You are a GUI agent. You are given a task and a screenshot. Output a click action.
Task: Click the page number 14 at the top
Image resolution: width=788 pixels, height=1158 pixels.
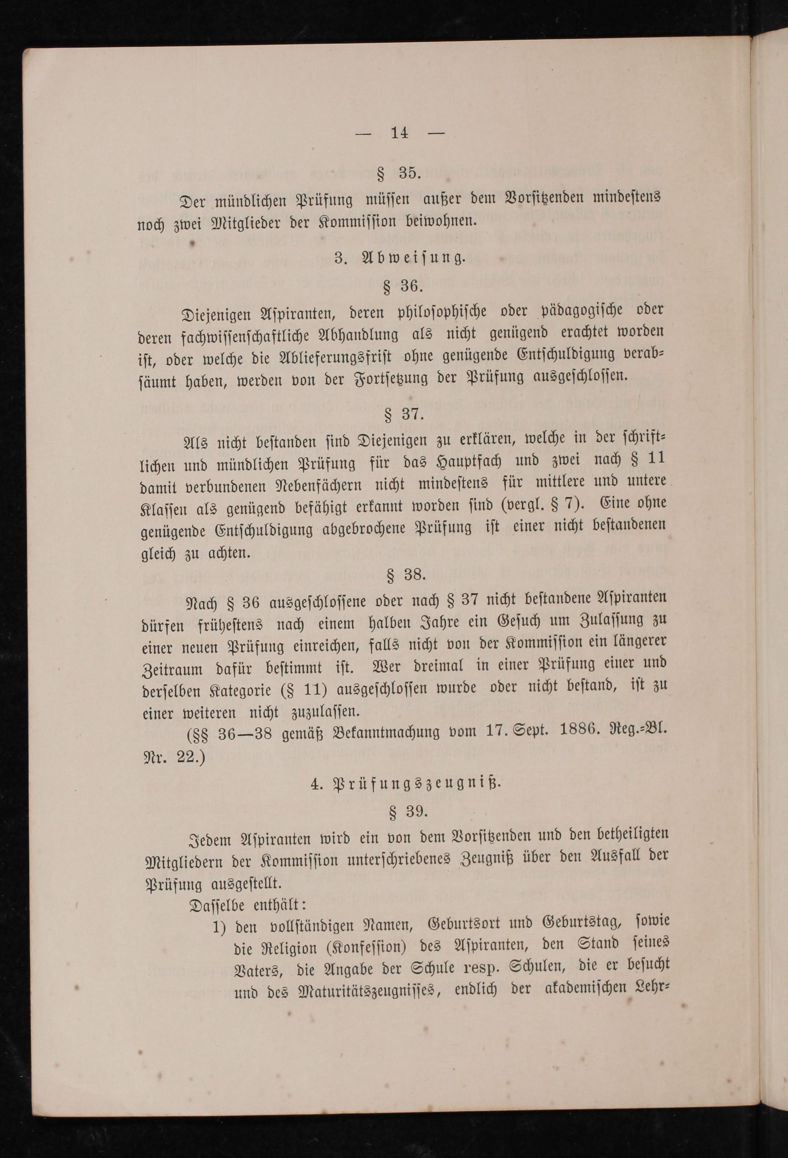tap(400, 133)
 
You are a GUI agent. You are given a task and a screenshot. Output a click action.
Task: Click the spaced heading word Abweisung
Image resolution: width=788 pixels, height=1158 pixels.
tap(414, 259)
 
